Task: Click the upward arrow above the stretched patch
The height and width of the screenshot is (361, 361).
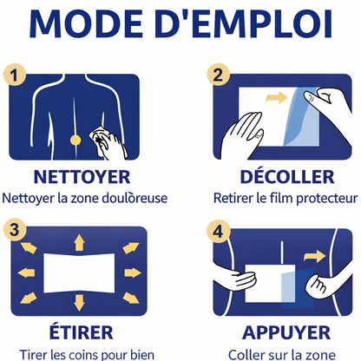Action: click(79, 239)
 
